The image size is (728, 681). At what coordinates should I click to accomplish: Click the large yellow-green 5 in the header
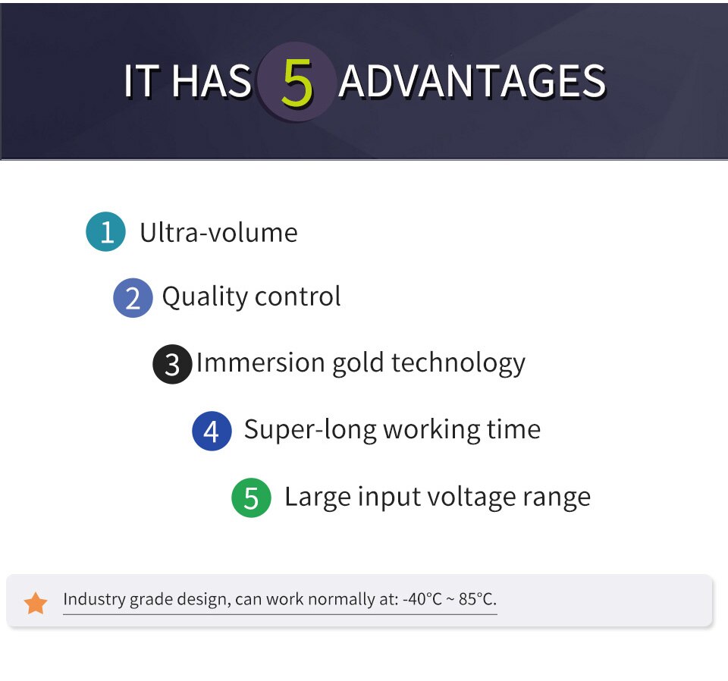point(297,83)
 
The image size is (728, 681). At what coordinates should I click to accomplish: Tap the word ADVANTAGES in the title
point(472,82)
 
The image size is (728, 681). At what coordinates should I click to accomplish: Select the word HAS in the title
point(212,82)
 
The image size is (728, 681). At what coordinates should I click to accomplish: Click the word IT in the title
point(139,82)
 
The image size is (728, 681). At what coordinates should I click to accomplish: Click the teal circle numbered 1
point(106,231)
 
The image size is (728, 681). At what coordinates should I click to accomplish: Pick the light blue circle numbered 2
point(133,297)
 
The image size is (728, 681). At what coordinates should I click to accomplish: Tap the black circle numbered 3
point(172,364)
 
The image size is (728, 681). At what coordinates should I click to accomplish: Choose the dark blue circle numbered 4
point(212,431)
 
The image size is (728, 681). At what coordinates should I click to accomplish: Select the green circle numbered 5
point(251,497)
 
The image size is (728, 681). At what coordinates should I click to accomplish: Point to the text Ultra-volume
point(218,232)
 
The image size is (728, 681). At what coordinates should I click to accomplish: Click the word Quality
point(205,297)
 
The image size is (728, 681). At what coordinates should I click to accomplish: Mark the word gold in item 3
point(358,363)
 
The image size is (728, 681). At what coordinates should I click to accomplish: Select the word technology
point(459,363)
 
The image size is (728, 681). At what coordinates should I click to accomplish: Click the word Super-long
point(310,430)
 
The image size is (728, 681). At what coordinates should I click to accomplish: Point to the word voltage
point(471,497)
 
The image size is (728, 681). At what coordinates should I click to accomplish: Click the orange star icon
point(36,603)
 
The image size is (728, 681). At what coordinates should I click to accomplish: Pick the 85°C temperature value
point(477,599)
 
